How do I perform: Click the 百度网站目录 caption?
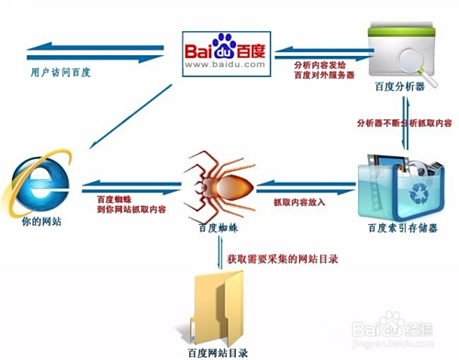[218, 350]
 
